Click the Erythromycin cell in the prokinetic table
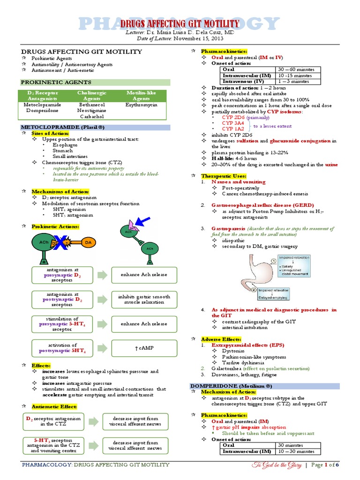click(142, 105)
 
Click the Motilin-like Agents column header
click(142, 96)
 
